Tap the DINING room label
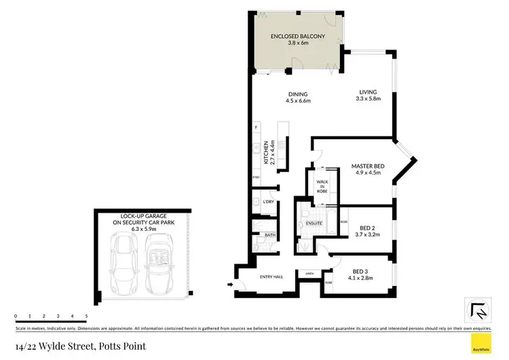(x=298, y=94)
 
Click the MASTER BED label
(x=368, y=166)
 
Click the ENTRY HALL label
(x=271, y=276)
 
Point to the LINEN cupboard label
(x=309, y=274)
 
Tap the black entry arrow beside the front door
(x=229, y=284)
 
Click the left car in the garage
(x=122, y=266)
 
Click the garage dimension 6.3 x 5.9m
(x=143, y=230)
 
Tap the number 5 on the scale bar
(x=86, y=317)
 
